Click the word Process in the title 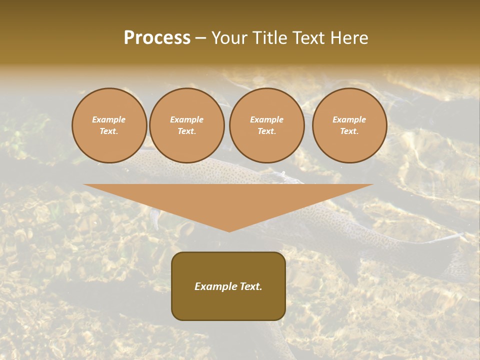(x=157, y=38)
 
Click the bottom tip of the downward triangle (x=229, y=231)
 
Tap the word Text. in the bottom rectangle (x=250, y=286)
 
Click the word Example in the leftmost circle (x=109, y=119)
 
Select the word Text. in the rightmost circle (x=349, y=131)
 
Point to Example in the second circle (x=187, y=119)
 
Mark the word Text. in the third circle (x=267, y=131)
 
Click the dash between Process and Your (x=200, y=38)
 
